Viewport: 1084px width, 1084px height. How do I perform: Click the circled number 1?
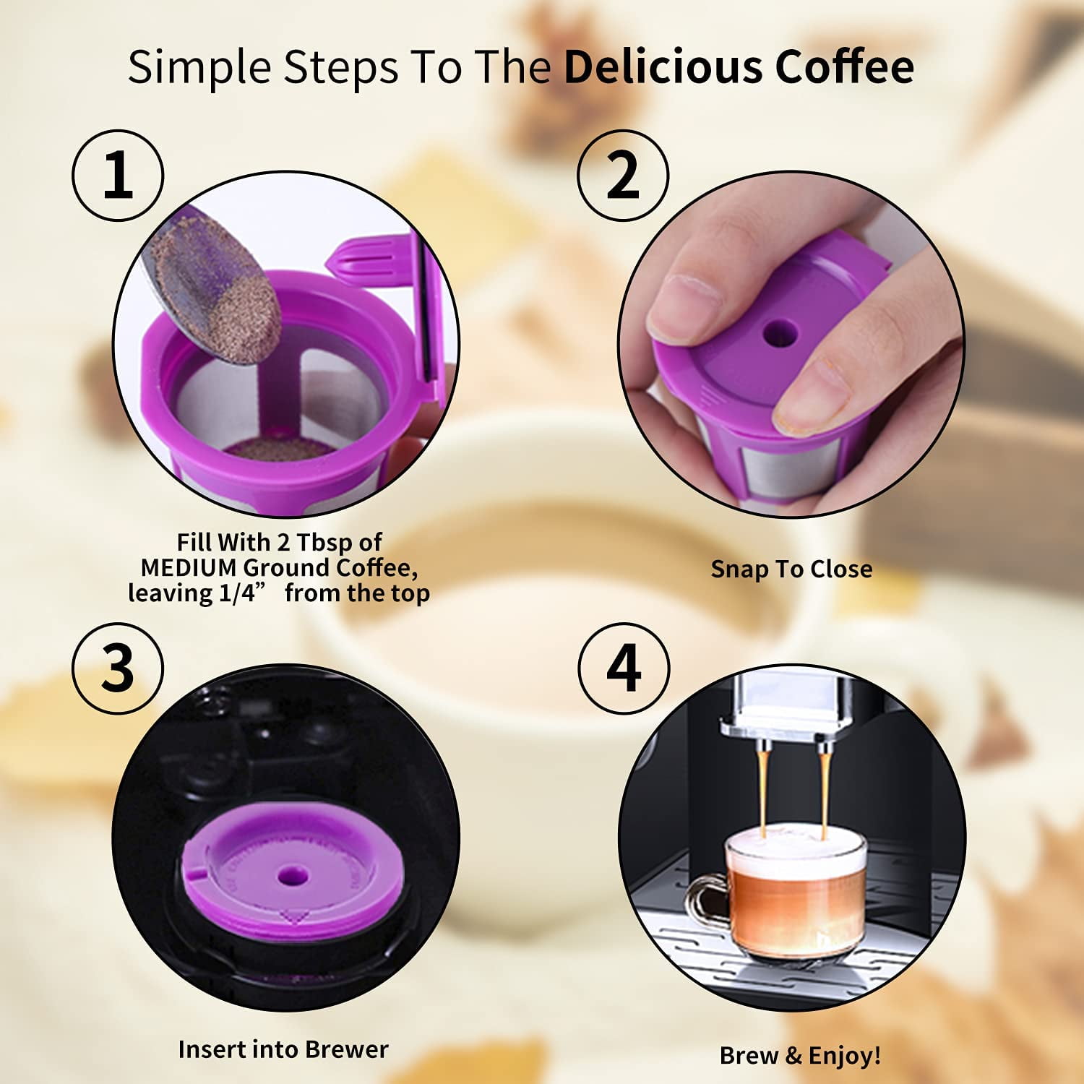[118, 175]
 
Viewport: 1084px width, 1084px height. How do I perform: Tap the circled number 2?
[623, 175]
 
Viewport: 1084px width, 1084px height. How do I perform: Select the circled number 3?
[118, 668]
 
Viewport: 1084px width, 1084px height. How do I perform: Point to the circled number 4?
[624, 668]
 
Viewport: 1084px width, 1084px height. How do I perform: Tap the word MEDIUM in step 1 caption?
[188, 568]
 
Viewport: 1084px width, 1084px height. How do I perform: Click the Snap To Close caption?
[791, 569]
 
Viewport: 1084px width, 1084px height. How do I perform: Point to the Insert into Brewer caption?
[283, 1049]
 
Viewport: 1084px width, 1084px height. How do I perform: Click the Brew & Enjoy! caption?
[800, 1056]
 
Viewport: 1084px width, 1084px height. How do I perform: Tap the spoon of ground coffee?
[217, 289]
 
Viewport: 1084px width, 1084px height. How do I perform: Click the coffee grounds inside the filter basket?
[278, 448]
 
